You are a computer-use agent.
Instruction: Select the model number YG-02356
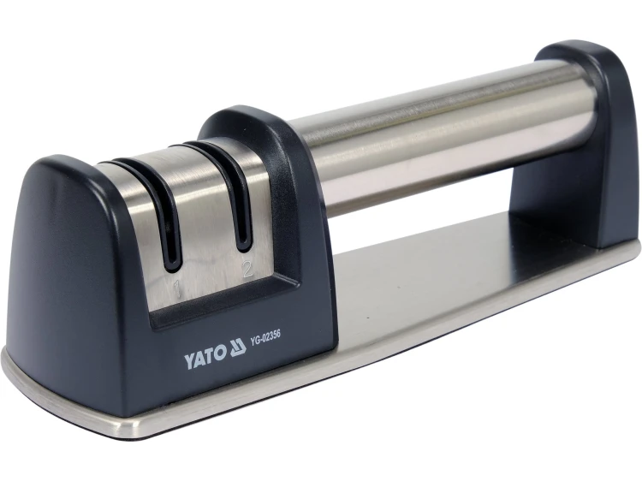(265, 338)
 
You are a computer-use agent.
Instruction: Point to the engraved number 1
(177, 288)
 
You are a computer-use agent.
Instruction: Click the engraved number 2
(247, 269)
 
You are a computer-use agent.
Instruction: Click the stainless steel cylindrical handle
(443, 135)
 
